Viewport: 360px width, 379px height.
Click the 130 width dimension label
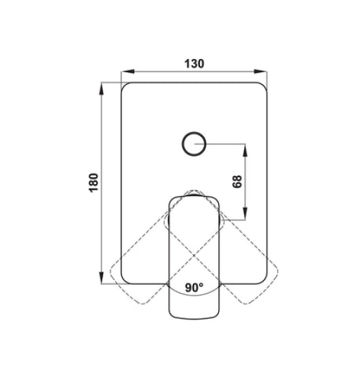click(x=194, y=64)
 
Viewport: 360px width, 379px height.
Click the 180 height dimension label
click(x=94, y=182)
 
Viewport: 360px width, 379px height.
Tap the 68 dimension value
click(x=237, y=182)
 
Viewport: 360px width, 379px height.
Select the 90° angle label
click(x=194, y=287)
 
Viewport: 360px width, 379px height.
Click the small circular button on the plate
click(x=194, y=144)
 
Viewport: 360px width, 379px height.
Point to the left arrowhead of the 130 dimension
click(x=127, y=72)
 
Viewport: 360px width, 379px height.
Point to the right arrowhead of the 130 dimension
click(x=260, y=72)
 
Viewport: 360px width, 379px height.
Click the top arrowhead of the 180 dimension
click(x=102, y=89)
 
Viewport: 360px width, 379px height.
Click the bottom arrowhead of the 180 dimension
click(x=102, y=277)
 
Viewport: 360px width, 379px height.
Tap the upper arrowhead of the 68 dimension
click(x=245, y=150)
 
